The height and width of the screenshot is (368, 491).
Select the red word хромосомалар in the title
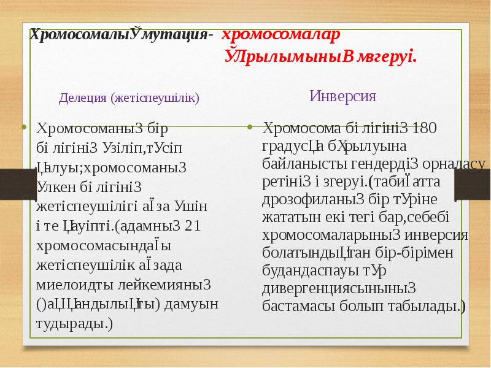click(279, 35)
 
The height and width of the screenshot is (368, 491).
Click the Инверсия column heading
click(342, 96)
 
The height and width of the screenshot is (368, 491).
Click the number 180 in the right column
click(425, 129)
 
